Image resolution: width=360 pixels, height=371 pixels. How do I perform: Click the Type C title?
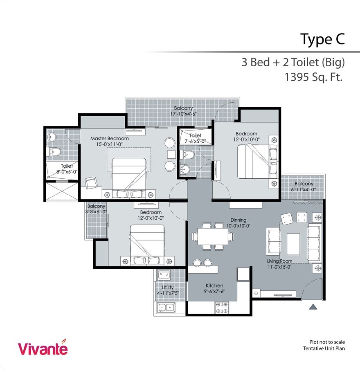[322, 39]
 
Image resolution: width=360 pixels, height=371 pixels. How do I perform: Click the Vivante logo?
[43, 348]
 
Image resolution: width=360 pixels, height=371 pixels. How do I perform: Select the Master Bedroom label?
[109, 139]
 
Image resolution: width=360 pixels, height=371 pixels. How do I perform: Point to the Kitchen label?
[214, 286]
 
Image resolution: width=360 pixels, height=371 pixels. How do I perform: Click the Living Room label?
[280, 261]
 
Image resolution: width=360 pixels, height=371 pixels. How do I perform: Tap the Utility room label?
[168, 288]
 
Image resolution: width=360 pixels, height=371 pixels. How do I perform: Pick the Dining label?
[238, 220]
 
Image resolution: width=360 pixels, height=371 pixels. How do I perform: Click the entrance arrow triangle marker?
[313, 306]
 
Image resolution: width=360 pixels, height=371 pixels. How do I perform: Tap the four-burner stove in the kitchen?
[221, 308]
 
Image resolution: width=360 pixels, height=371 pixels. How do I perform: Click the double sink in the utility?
[166, 308]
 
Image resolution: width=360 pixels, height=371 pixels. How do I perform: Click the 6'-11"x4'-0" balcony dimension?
[304, 189]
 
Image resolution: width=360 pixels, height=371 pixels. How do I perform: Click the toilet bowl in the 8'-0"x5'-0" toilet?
[54, 152]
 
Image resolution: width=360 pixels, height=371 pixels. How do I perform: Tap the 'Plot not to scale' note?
[327, 342]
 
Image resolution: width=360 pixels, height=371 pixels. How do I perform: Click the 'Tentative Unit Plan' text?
[324, 349]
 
